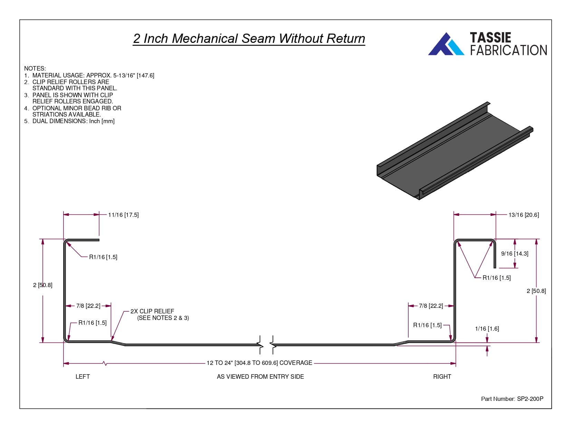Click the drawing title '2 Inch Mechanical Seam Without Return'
click(x=249, y=38)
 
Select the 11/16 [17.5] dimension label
click(x=123, y=215)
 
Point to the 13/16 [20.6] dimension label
click(x=523, y=215)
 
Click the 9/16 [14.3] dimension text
click(x=514, y=254)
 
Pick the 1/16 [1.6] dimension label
click(x=487, y=329)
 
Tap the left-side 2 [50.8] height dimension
click(x=43, y=285)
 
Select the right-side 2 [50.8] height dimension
click(x=536, y=291)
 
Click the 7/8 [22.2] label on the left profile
click(x=88, y=306)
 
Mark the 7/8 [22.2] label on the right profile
click(x=431, y=306)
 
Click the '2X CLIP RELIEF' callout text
click(x=152, y=311)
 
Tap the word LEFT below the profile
click(x=83, y=377)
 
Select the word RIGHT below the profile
click(x=442, y=377)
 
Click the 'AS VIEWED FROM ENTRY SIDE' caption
click(x=260, y=377)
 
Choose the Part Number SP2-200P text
click(x=512, y=399)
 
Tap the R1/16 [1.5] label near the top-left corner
click(x=103, y=257)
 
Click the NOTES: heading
click(x=35, y=68)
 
